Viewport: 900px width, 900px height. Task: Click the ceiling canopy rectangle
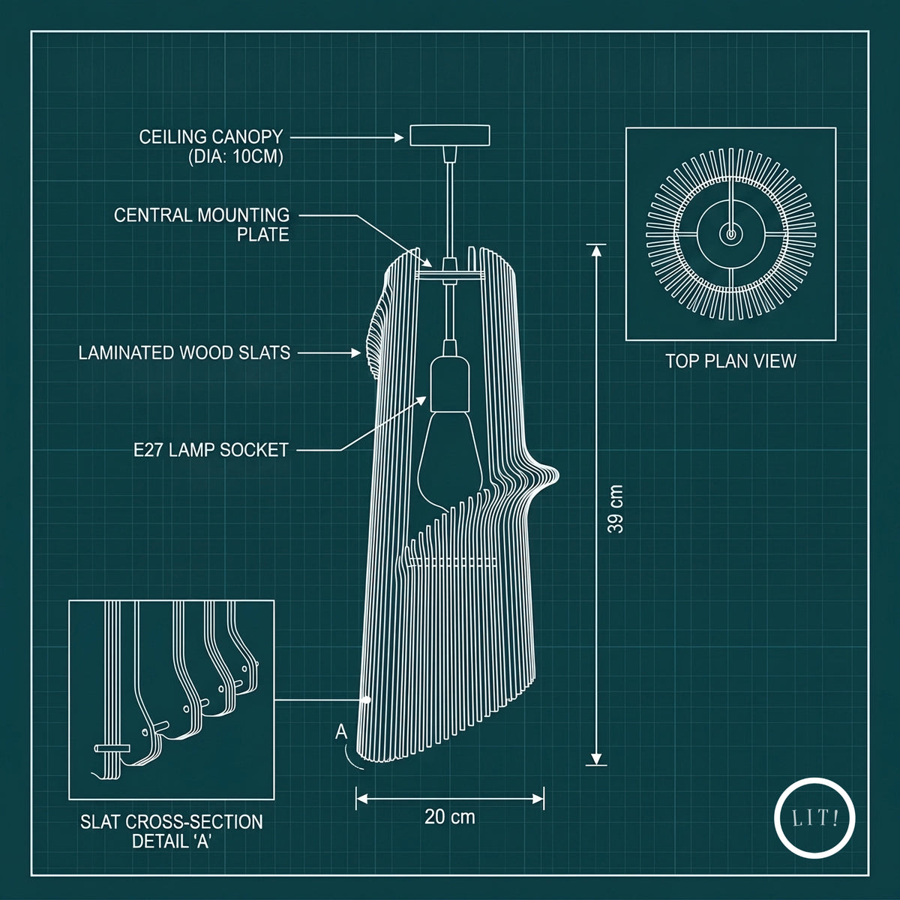(x=450, y=136)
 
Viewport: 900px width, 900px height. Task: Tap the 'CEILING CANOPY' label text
(x=211, y=136)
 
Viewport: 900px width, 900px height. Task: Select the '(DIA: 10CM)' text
(x=235, y=157)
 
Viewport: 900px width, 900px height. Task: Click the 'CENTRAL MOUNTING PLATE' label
(x=202, y=225)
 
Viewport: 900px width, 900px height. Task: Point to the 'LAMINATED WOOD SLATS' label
(x=184, y=352)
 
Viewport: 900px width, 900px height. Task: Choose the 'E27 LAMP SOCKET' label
(x=211, y=450)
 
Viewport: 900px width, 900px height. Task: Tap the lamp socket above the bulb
(x=448, y=383)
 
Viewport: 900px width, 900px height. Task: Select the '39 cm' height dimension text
(x=616, y=509)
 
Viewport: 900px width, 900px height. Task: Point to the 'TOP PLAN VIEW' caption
(x=730, y=361)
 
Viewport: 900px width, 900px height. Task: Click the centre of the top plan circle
(x=730, y=234)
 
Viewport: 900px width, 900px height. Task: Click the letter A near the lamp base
(x=341, y=732)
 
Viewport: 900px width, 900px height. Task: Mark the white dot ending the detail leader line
(x=367, y=700)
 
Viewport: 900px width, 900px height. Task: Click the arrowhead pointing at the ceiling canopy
(x=399, y=137)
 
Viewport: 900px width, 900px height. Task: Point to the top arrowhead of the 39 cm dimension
(x=596, y=251)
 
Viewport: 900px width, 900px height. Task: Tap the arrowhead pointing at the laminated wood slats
(x=356, y=353)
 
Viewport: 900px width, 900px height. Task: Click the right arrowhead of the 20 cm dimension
(x=538, y=799)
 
